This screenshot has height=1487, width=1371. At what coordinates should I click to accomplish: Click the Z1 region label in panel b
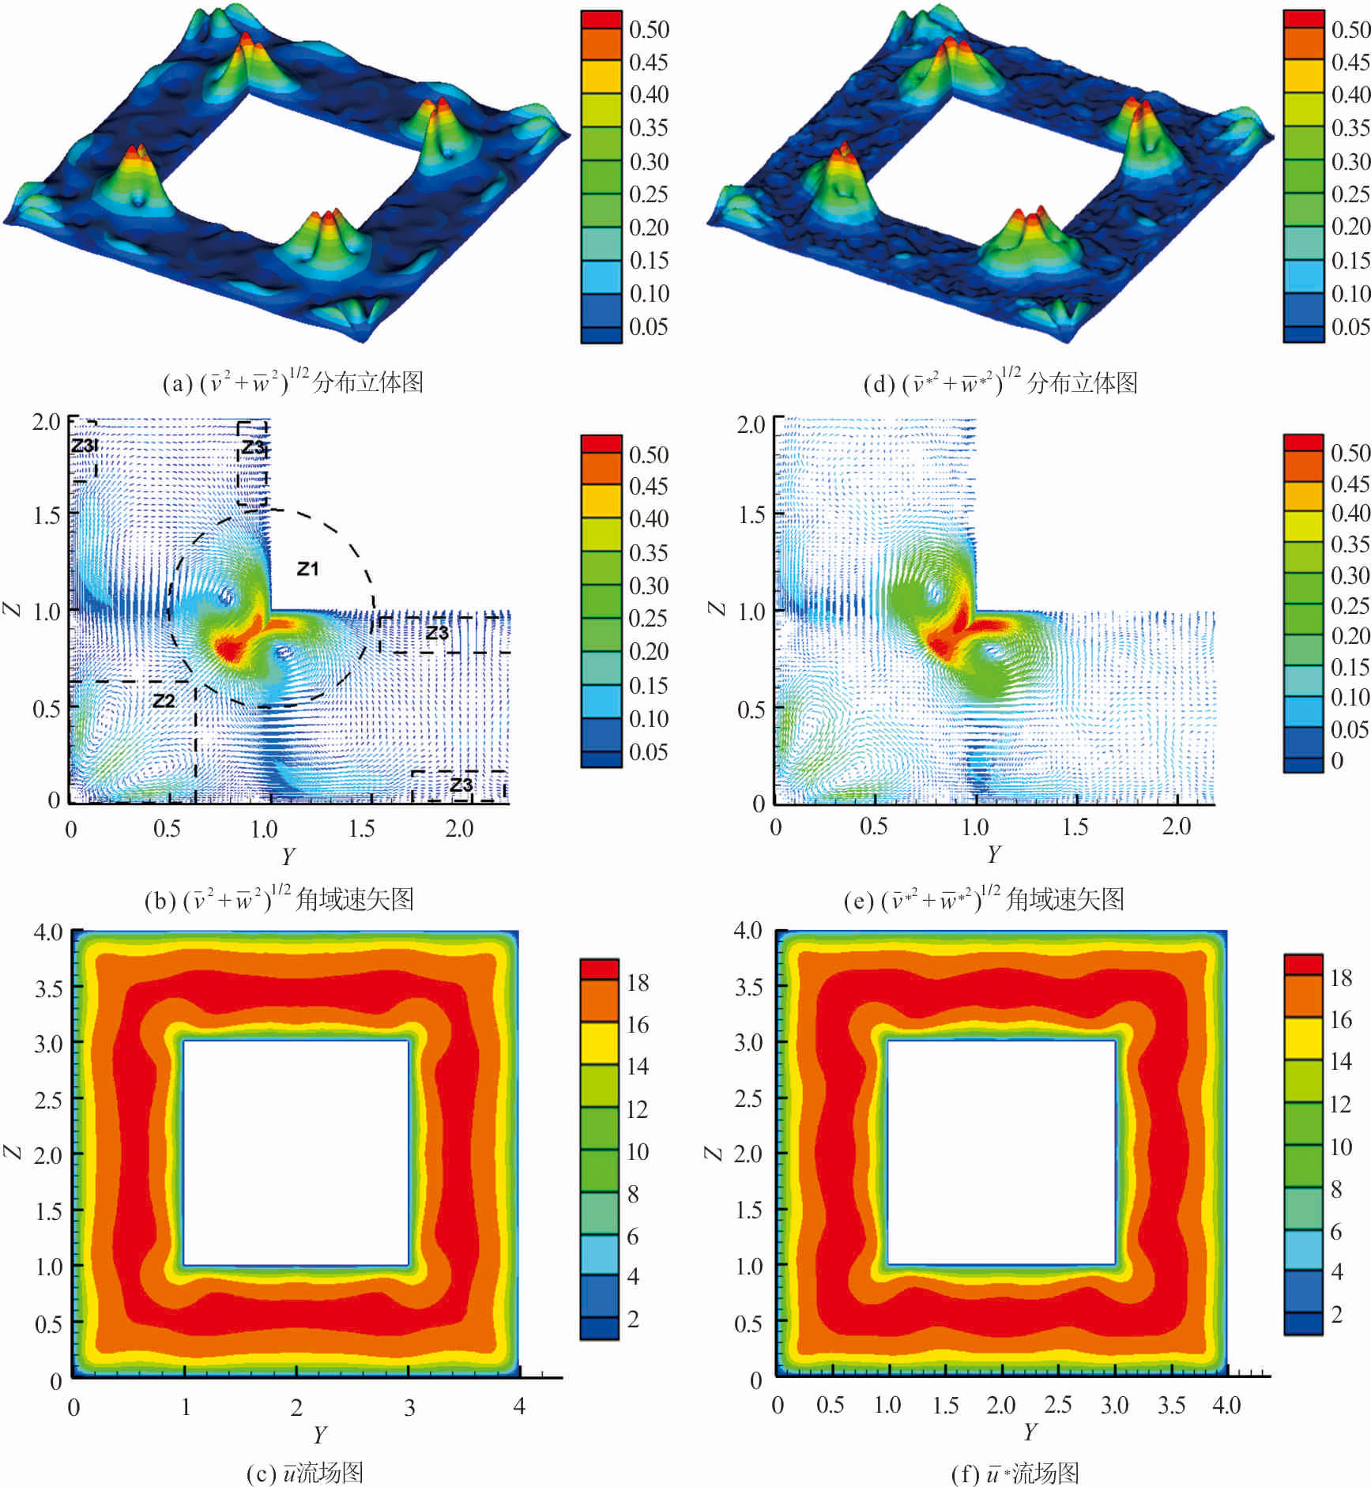[x=307, y=568]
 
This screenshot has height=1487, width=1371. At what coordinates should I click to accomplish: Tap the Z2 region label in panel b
[x=163, y=701]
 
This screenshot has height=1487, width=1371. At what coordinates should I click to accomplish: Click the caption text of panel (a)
[x=292, y=382]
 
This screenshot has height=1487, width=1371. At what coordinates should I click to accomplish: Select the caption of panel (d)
[x=1000, y=382]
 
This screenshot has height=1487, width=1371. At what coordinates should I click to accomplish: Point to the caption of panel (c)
[x=304, y=1472]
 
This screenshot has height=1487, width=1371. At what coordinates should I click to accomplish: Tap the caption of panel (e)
[x=984, y=899]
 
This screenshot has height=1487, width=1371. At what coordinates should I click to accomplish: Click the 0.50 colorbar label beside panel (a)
[x=649, y=29]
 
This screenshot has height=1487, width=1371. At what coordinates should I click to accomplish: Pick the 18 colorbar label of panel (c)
[x=638, y=982]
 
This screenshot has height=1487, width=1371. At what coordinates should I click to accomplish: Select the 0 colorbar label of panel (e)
[x=1337, y=760]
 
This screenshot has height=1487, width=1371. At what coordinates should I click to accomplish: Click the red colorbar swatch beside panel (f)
[x=1303, y=964]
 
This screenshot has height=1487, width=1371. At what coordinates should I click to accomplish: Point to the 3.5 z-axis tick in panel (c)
[x=48, y=988]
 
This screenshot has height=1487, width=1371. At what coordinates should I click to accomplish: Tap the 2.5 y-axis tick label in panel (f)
[x=1058, y=1404]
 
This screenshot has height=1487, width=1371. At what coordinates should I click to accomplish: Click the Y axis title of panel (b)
[x=288, y=856]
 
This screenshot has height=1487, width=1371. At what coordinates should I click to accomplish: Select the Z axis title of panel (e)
[x=716, y=608]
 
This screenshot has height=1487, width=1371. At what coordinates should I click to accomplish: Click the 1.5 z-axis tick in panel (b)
[x=47, y=515]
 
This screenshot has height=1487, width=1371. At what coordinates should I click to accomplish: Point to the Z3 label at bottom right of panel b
[x=461, y=785]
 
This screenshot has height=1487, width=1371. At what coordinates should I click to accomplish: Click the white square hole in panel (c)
[x=296, y=1153]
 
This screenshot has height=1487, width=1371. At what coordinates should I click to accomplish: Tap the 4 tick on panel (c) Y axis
[x=519, y=1406]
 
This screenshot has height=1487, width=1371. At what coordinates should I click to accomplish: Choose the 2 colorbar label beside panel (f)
[x=1337, y=1314]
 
